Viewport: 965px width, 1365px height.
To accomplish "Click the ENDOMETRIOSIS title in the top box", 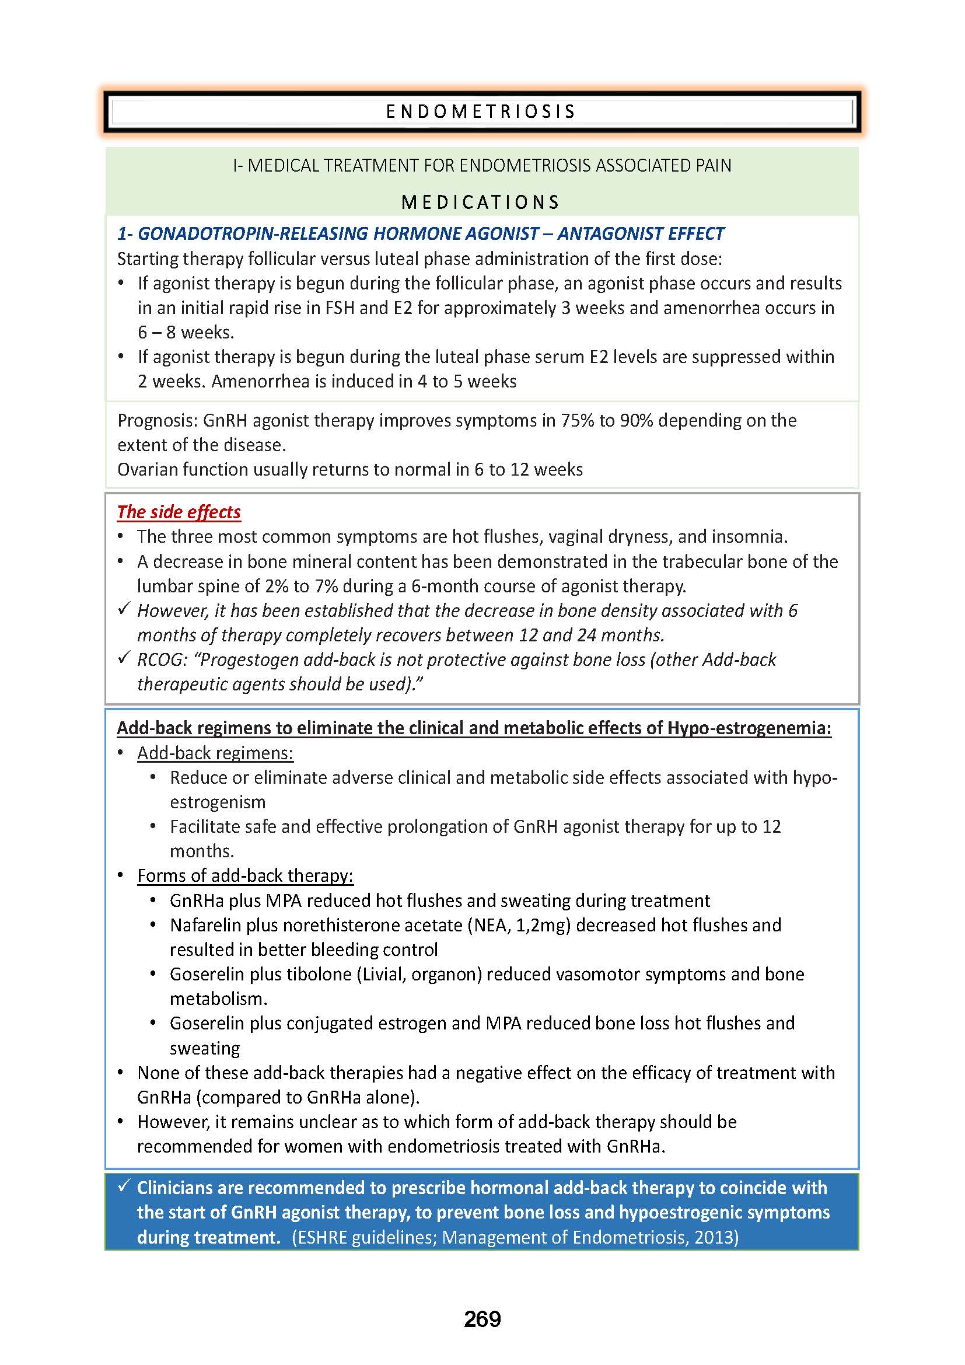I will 481,112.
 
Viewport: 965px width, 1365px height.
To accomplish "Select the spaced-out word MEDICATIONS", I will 481,203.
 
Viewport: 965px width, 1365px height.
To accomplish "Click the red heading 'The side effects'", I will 179,512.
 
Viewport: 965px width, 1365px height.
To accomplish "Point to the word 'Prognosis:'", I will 157,420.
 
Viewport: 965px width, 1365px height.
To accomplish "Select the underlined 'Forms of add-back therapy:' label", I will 245,876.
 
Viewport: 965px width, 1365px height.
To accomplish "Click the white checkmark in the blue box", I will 124,1186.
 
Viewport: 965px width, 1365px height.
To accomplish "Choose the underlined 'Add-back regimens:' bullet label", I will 215,753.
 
